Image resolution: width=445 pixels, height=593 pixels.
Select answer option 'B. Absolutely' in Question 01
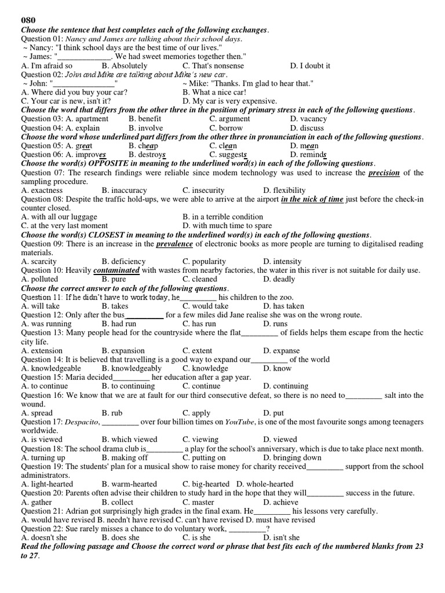tap(124, 66)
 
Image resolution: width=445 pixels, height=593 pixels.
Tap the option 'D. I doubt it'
tap(311, 66)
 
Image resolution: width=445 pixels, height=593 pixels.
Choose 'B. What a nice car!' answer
tap(214, 92)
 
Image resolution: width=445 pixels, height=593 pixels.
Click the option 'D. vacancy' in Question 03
tap(309, 119)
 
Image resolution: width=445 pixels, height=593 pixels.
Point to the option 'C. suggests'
tap(229, 155)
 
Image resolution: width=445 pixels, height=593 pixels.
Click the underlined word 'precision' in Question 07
tap(384, 173)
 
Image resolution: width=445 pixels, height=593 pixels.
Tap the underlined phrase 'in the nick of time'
tap(312, 199)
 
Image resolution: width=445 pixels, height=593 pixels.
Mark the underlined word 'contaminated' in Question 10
tap(116, 270)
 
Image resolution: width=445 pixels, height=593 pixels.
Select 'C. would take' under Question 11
tap(206, 306)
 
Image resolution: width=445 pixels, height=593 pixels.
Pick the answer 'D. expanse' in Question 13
tap(282, 350)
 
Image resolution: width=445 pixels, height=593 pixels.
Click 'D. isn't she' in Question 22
tap(282, 537)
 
